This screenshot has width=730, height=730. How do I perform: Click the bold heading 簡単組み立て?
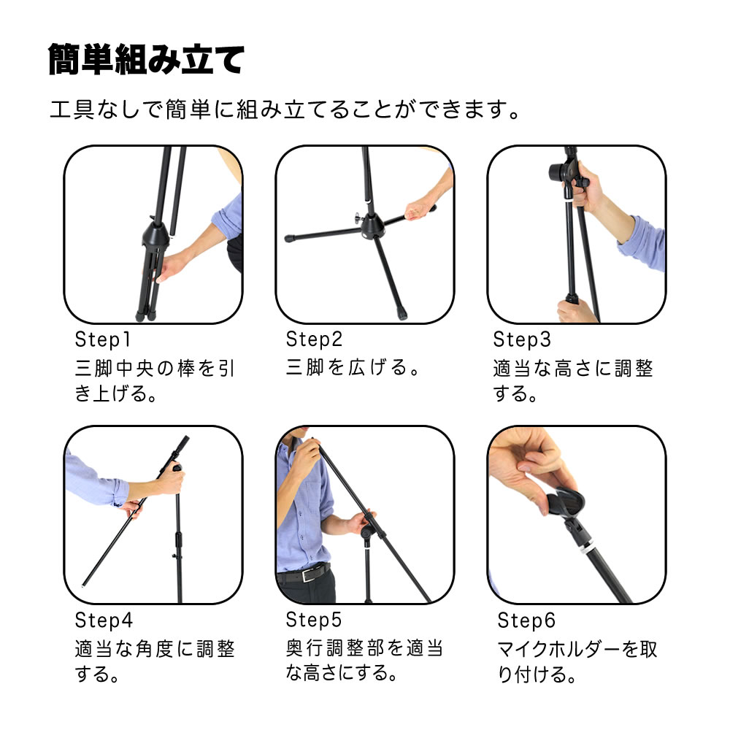click(x=146, y=59)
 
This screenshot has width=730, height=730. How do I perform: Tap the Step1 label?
click(x=102, y=339)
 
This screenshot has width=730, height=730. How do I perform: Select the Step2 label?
click(x=314, y=339)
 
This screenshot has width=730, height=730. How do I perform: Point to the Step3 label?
click(x=522, y=339)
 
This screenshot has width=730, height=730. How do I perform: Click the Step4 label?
click(x=104, y=620)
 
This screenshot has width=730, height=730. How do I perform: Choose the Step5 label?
click(x=314, y=620)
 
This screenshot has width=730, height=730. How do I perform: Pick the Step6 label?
click(x=526, y=620)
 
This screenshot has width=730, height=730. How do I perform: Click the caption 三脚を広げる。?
click(x=353, y=367)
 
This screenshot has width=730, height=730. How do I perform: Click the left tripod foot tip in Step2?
click(x=289, y=238)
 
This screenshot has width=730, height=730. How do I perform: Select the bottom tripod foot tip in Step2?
click(x=401, y=315)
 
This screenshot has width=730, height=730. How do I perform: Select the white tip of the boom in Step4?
click(x=83, y=585)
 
